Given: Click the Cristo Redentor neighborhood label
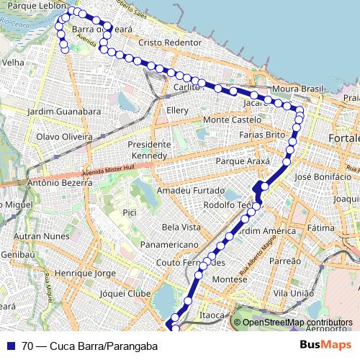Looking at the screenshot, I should click(x=170, y=42).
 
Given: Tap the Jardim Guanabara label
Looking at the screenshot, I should click(x=63, y=112).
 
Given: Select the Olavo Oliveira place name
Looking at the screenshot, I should click(x=65, y=136).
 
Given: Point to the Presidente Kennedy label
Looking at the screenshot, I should click(x=148, y=150).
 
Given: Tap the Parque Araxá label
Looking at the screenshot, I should click(x=247, y=161).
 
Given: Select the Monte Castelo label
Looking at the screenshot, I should click(x=232, y=119).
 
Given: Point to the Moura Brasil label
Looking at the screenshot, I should click(x=298, y=89).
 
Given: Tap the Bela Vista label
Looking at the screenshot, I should click(x=181, y=227).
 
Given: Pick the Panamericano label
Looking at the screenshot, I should click(x=169, y=245).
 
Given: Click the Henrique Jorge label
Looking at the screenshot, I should click(x=85, y=274).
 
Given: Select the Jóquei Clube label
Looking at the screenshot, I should click(x=125, y=294).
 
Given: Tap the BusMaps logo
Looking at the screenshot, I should click(x=325, y=346).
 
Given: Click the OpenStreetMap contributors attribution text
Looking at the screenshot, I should click(x=297, y=323).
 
